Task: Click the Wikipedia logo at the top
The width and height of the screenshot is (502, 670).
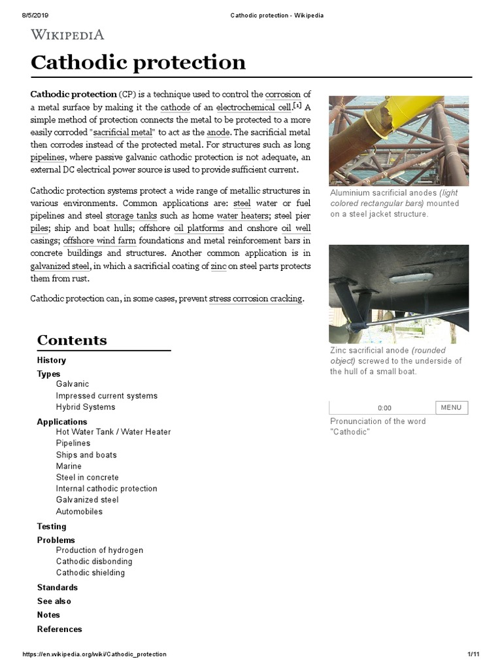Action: (x=68, y=34)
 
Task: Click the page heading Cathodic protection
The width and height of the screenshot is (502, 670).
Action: (x=139, y=62)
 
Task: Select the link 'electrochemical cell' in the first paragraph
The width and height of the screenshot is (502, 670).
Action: (x=254, y=107)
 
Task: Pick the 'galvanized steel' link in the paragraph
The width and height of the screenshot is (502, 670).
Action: (x=61, y=266)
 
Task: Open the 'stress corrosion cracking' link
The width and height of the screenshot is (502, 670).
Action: (x=256, y=298)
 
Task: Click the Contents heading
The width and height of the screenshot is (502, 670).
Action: (x=72, y=340)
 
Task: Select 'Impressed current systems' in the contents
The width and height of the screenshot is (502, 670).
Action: (x=107, y=396)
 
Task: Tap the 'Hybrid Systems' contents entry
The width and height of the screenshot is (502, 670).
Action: (x=86, y=407)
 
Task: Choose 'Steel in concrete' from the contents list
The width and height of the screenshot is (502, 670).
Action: (x=88, y=478)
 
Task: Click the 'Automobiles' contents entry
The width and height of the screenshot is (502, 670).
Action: (x=79, y=512)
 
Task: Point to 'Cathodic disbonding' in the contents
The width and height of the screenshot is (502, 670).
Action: (x=94, y=561)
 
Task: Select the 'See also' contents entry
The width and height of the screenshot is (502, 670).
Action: (x=54, y=601)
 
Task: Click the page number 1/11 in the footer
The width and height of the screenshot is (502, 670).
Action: (x=474, y=654)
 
